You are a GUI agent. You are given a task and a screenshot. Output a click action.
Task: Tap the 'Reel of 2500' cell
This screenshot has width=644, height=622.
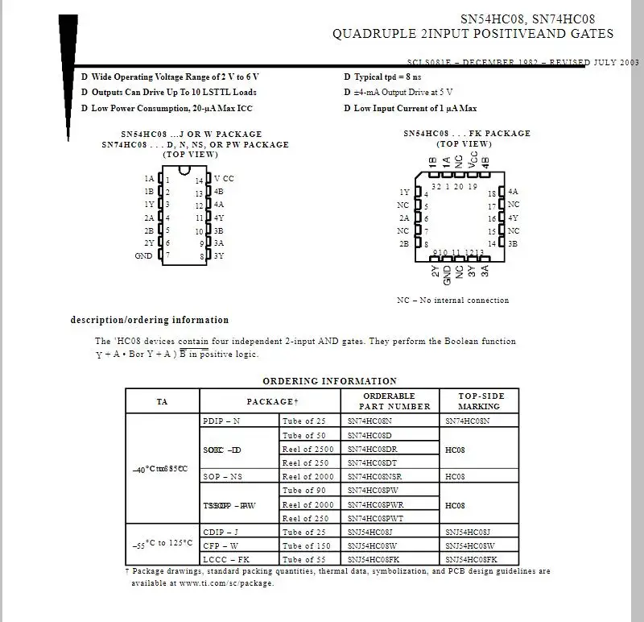pyautogui.click(x=308, y=449)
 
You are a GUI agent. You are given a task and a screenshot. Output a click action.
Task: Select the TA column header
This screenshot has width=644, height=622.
pyautogui.click(x=162, y=401)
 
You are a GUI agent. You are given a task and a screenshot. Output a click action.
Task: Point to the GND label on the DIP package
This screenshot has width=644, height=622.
pyautogui.click(x=143, y=255)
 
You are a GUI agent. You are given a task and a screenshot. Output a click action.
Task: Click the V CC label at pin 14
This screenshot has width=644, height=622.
pyautogui.click(x=224, y=179)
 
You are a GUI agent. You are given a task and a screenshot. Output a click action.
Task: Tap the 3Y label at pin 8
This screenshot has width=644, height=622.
pyautogui.click(x=219, y=255)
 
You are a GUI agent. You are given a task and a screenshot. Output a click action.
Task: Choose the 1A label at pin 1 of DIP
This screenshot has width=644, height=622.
pyautogui.click(x=149, y=179)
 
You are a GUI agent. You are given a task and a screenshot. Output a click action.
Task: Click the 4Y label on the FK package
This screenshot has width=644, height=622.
pyautogui.click(x=514, y=218)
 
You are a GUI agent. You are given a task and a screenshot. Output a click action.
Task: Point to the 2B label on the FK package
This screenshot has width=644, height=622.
pyautogui.click(x=404, y=243)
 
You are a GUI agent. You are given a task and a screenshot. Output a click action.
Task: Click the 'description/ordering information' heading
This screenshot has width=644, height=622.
pyautogui.click(x=150, y=320)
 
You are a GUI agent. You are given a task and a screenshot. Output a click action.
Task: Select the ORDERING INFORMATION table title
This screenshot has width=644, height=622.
pyautogui.click(x=329, y=381)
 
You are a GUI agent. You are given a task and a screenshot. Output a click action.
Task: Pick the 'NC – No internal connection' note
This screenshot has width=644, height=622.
pyautogui.click(x=452, y=301)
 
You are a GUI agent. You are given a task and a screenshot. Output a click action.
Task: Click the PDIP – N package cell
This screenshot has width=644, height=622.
pyautogui.click(x=221, y=421)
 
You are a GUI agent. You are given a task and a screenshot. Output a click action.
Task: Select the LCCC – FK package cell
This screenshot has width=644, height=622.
pyautogui.click(x=226, y=559)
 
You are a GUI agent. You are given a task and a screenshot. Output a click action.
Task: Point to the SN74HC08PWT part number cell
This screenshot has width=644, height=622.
pyautogui.click(x=375, y=518)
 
